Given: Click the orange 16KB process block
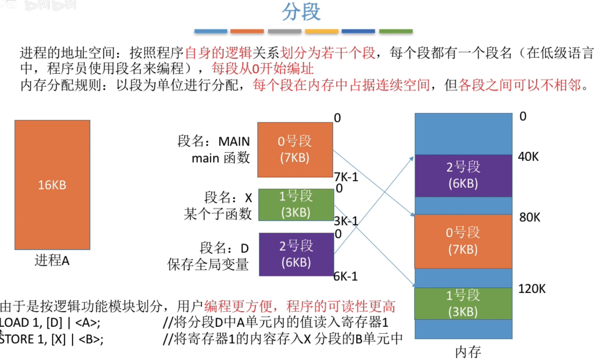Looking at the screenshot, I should coord(52,185).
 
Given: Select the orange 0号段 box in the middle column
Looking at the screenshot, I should coord(295,150).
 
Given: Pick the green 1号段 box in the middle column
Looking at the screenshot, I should coord(296,204).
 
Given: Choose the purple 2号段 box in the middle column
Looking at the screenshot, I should coord(296,254).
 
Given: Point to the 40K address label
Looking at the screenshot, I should coord(529,157).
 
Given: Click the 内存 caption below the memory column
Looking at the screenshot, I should coord(468,352).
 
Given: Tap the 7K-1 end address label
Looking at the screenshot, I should coord(346,177).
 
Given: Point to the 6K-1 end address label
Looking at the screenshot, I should coord(346,276).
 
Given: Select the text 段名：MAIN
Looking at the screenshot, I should coord(214,141).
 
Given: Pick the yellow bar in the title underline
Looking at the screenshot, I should coord(321,31).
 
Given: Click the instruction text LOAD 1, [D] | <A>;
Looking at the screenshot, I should coord(51,322).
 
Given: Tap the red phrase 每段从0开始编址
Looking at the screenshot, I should coord(262,69).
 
